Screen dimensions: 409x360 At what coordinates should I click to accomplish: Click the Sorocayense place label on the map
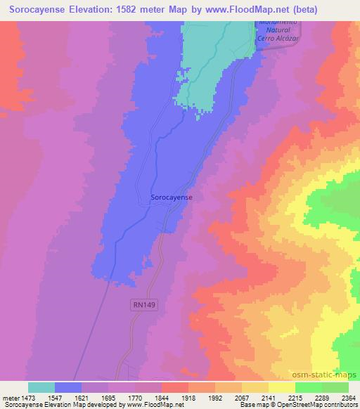(172, 198)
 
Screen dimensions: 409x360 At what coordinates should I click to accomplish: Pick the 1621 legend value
(81, 397)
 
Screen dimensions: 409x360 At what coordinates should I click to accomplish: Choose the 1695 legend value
(108, 397)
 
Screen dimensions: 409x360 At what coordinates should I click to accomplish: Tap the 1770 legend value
(134, 397)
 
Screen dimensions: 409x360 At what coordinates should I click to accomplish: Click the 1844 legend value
(161, 397)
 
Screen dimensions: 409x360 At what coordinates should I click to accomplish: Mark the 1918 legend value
(188, 397)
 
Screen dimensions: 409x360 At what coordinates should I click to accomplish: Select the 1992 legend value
(214, 397)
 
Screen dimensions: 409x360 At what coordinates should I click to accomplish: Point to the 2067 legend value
(241, 397)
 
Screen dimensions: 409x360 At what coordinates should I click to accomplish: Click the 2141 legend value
(268, 397)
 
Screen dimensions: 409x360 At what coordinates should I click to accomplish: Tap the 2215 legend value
(295, 397)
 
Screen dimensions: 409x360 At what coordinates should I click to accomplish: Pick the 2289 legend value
(321, 397)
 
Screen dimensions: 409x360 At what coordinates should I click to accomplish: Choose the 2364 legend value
(347, 397)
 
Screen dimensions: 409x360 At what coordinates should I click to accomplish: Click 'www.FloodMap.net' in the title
(235, 10)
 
